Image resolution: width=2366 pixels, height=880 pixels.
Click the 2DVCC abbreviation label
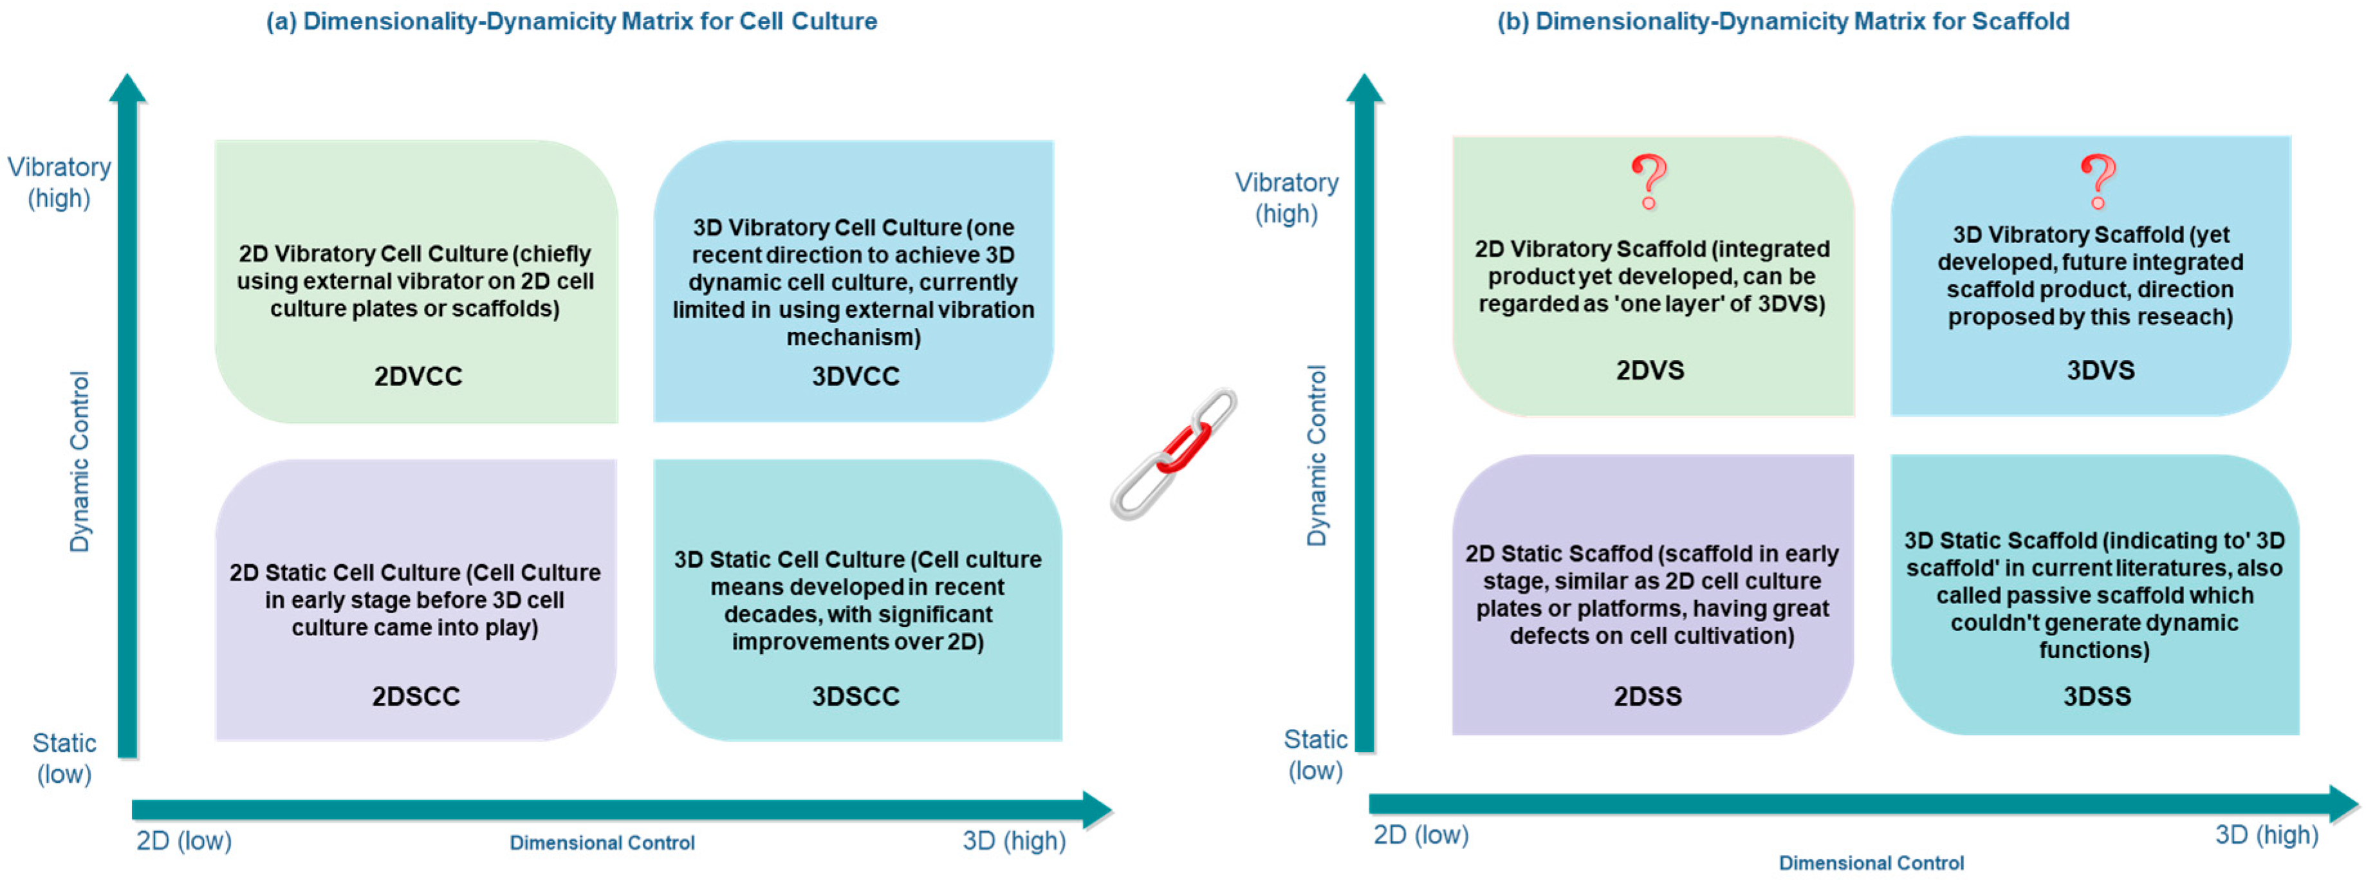[x=418, y=376]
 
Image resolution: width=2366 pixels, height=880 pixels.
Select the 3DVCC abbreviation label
[x=855, y=376]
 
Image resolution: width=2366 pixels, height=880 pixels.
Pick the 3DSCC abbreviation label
[x=855, y=696]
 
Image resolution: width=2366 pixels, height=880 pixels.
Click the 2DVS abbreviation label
[x=1650, y=370]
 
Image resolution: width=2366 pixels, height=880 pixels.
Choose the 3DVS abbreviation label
[x=2100, y=370]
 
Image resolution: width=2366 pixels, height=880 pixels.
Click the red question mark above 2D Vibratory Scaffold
[x=1649, y=181]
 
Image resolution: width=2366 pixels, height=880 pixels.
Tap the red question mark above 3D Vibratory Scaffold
[x=2098, y=181]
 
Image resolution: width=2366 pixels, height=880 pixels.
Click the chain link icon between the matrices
[x=1174, y=453]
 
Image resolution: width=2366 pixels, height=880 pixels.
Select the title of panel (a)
[x=571, y=21]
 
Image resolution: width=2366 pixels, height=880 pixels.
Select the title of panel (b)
[x=1783, y=21]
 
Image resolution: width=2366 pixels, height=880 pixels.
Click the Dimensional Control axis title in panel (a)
[x=602, y=842]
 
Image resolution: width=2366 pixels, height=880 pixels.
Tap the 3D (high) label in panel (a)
[x=1014, y=841]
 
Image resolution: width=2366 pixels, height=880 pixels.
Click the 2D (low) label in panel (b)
[x=1420, y=835]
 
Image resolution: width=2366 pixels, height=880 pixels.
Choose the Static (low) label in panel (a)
[x=64, y=758]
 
